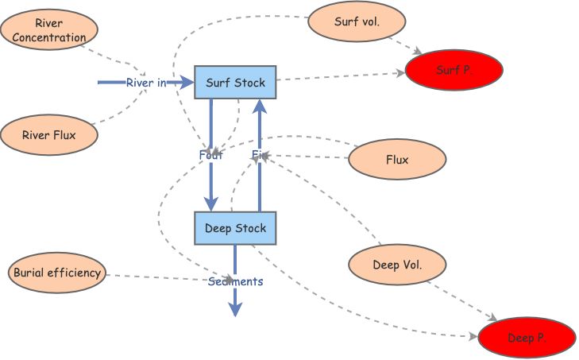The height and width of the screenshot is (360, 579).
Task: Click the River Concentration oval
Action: [49, 30]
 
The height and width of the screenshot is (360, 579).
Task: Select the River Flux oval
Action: [49, 135]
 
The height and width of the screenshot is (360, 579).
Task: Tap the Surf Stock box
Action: [235, 82]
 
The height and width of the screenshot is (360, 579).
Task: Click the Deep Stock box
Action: [235, 228]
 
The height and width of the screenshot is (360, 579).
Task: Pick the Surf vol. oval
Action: [356, 22]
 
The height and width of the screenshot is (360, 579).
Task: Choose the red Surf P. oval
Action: [455, 70]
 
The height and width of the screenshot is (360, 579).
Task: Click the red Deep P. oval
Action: [527, 338]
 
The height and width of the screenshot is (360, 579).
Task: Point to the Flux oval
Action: [397, 160]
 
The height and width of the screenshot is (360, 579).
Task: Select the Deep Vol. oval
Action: [397, 265]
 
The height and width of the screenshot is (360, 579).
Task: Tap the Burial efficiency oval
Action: [57, 273]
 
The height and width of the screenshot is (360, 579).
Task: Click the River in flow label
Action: [146, 83]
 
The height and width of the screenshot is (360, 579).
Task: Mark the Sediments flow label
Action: [236, 281]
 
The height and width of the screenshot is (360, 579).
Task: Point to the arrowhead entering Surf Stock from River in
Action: [187, 82]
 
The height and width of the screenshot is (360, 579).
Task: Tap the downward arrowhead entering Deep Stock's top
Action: [211, 205]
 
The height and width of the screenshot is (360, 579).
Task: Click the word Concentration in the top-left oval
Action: [54, 37]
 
